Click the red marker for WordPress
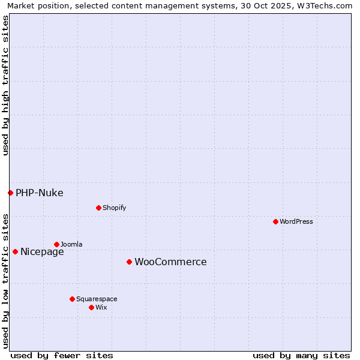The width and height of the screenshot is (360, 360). click(275, 221)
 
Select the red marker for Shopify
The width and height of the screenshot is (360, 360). click(98, 208)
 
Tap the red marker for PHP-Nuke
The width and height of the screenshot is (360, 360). click(10, 193)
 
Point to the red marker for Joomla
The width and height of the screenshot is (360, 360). click(56, 244)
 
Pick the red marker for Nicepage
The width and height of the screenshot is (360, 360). click(15, 251)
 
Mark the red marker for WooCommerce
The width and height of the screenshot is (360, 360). click(129, 262)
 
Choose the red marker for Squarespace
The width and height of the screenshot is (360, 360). click(72, 299)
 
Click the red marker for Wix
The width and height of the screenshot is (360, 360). click(91, 307)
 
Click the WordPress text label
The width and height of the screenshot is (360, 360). click(296, 221)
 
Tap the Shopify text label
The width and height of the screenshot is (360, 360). click(114, 208)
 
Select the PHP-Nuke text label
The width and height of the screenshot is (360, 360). click(40, 193)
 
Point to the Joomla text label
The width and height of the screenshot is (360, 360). click(71, 244)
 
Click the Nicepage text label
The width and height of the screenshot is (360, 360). click(42, 252)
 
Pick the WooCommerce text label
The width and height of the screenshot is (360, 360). click(170, 262)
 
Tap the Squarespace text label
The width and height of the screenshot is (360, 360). click(97, 299)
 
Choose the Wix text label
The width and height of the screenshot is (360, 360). click(101, 307)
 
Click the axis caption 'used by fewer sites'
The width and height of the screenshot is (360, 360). click(62, 355)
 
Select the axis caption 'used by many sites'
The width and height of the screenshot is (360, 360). click(301, 355)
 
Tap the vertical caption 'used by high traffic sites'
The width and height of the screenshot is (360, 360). click(5, 85)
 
